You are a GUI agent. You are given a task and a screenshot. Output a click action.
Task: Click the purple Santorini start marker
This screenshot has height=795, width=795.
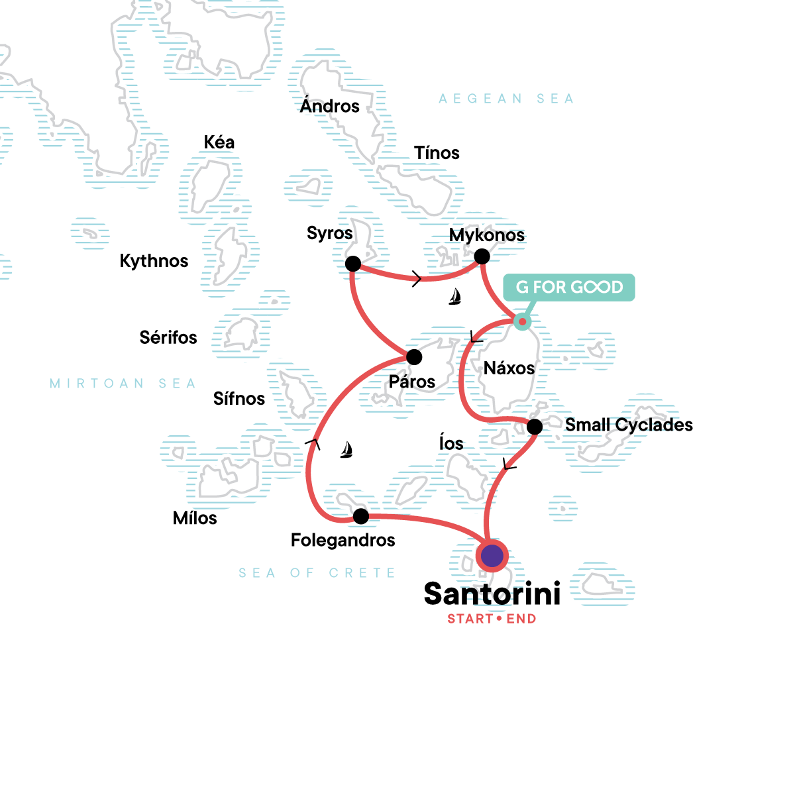(492, 556)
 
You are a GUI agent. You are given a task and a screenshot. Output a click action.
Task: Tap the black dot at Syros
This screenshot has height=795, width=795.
(353, 264)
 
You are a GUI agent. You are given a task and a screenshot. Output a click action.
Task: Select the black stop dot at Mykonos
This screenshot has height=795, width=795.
(482, 256)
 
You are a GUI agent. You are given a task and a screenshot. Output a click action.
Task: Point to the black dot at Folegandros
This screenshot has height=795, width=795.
(361, 516)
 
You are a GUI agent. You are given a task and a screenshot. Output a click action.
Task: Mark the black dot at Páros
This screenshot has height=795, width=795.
(414, 358)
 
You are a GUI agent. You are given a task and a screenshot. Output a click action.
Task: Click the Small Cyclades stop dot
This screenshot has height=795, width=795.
(535, 427)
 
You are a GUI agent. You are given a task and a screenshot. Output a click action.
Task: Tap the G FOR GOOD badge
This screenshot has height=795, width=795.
(569, 288)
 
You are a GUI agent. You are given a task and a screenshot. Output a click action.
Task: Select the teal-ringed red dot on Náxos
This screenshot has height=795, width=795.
(522, 322)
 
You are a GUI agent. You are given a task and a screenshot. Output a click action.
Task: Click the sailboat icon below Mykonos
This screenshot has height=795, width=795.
(454, 297)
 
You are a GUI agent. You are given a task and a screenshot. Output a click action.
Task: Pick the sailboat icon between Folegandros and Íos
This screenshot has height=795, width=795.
(346, 450)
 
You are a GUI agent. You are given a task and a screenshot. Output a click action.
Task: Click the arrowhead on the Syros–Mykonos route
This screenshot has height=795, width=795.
(417, 279)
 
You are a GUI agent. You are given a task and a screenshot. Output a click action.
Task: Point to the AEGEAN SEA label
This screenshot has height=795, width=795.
(506, 99)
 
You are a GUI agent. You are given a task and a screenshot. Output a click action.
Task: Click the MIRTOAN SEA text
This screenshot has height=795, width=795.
(123, 384)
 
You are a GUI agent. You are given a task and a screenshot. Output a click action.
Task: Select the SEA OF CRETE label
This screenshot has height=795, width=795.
(317, 573)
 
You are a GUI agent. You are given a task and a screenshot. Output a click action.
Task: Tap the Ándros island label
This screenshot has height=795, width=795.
(329, 106)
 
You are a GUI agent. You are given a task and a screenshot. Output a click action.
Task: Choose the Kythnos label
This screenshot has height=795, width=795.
(154, 261)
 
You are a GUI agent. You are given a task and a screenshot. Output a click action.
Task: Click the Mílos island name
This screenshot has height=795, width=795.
(195, 518)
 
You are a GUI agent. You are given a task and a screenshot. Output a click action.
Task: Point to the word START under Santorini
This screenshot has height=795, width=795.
(470, 619)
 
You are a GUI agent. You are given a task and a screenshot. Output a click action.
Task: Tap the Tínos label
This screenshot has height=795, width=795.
(437, 153)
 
